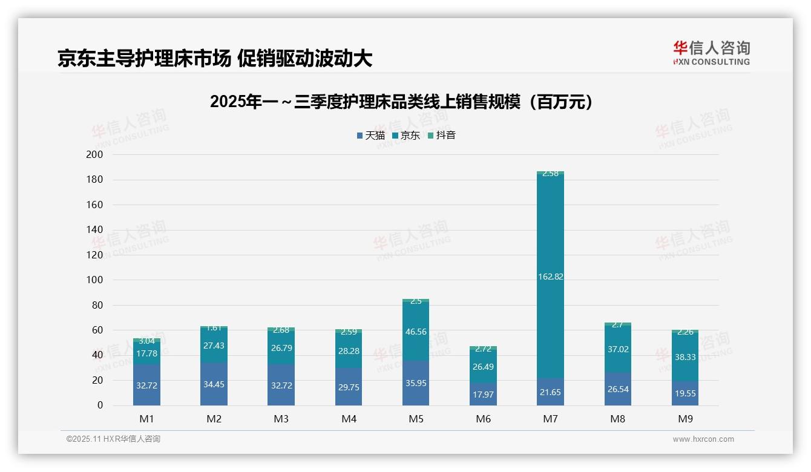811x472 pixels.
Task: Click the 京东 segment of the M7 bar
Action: click(x=550, y=242)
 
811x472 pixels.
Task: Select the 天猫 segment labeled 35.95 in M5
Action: click(x=416, y=383)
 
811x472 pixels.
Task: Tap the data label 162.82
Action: click(x=550, y=277)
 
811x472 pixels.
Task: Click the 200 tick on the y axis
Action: click(x=95, y=155)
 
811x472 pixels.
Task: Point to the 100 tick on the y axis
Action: click(x=95, y=280)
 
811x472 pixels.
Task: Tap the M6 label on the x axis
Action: click(x=483, y=419)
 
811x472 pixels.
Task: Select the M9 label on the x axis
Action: click(x=685, y=419)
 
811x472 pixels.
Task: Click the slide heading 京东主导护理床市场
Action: click(x=214, y=59)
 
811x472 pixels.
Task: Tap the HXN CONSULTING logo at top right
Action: click(x=711, y=53)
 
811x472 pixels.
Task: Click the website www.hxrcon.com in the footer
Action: click(x=703, y=439)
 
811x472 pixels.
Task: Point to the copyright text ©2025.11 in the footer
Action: click(x=113, y=439)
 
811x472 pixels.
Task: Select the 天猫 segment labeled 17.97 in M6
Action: click(x=483, y=395)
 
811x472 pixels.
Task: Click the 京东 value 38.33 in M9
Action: click(x=685, y=357)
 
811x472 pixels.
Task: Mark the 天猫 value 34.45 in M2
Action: click(x=214, y=384)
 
